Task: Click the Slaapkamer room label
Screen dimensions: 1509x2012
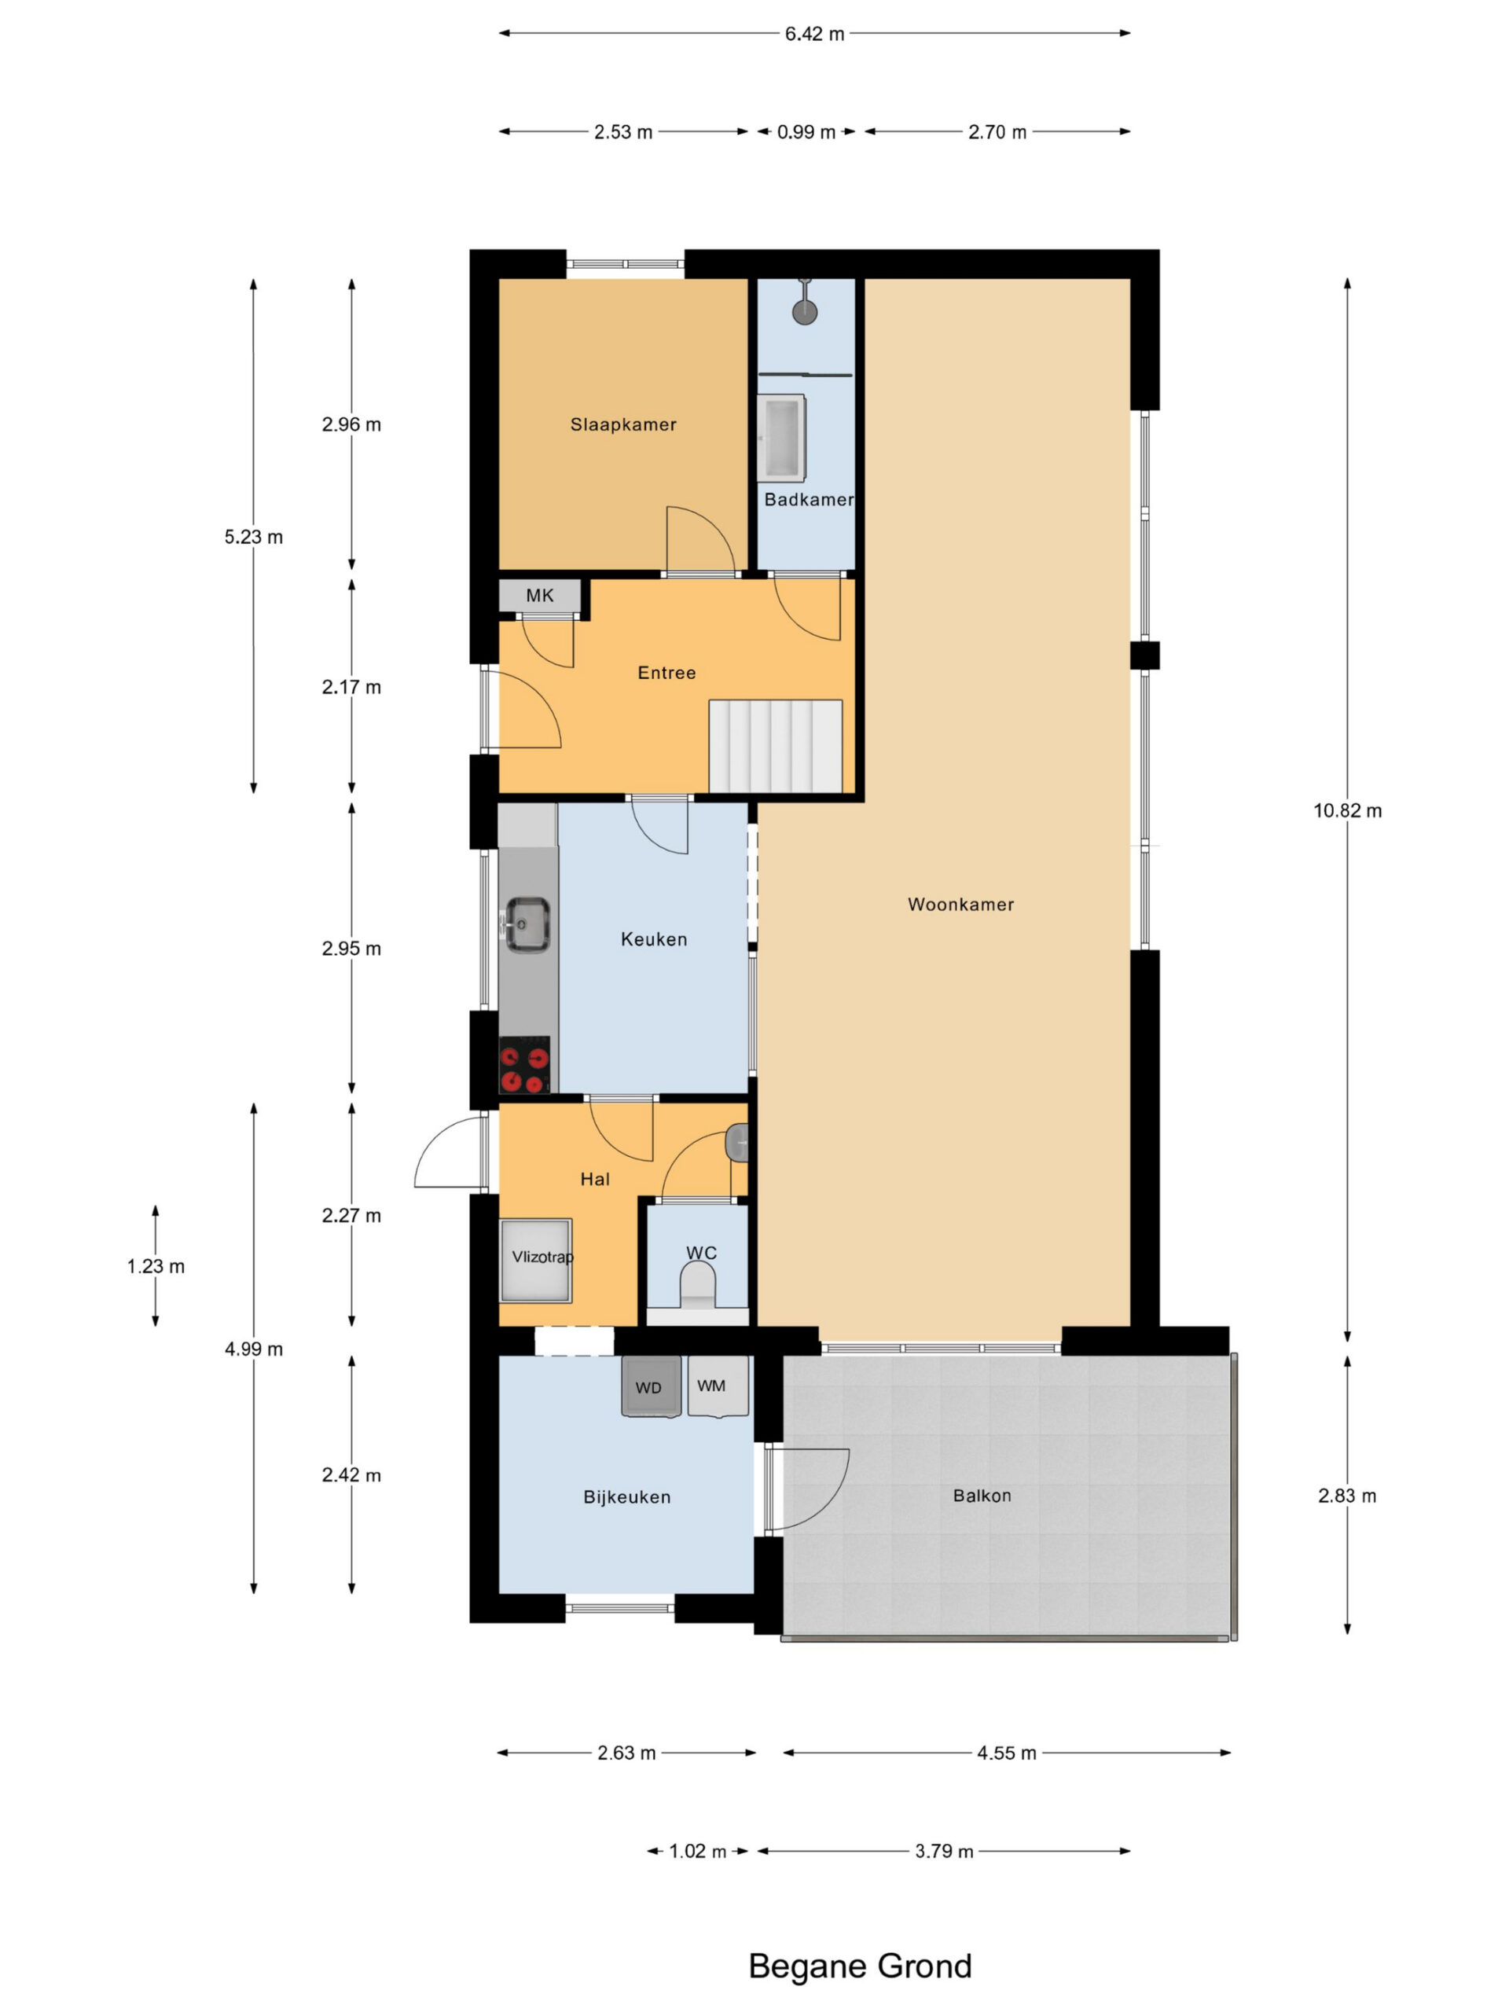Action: [623, 424]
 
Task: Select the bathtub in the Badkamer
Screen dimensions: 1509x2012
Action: [781, 438]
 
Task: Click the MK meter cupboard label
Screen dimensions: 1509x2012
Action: [539, 596]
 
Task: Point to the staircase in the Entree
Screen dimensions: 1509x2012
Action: [775, 746]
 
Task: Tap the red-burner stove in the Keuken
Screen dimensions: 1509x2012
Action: [525, 1064]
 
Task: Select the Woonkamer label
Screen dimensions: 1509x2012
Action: [960, 904]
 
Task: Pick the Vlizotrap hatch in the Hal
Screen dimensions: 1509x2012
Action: [536, 1261]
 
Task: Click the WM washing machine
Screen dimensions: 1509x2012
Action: [718, 1386]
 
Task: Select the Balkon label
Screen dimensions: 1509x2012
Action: [982, 1496]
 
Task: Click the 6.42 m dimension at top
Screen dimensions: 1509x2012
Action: [815, 34]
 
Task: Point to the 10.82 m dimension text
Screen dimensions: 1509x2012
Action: [1347, 810]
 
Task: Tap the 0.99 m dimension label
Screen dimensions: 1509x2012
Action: [806, 132]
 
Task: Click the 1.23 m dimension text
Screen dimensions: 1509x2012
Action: [156, 1266]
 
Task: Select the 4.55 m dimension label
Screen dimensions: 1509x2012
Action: [1007, 1753]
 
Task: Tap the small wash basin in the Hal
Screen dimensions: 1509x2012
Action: [738, 1144]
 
